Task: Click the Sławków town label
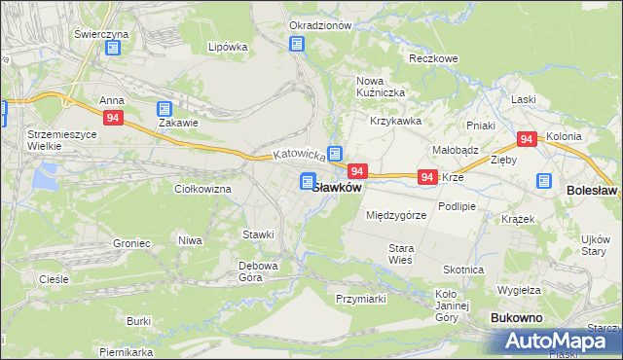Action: point(339,187)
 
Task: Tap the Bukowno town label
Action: point(516,318)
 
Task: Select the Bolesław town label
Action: point(591,192)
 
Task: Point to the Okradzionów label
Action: point(319,25)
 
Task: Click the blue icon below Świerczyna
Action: point(114,47)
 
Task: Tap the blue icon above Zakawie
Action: point(164,109)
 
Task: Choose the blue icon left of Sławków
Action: point(308,181)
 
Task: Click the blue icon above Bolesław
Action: point(543,181)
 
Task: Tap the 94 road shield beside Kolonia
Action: point(528,140)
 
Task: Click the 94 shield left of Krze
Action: point(426,177)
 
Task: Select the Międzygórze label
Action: point(395,215)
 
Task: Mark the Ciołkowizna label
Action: point(202,189)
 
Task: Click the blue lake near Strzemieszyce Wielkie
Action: point(44,177)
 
